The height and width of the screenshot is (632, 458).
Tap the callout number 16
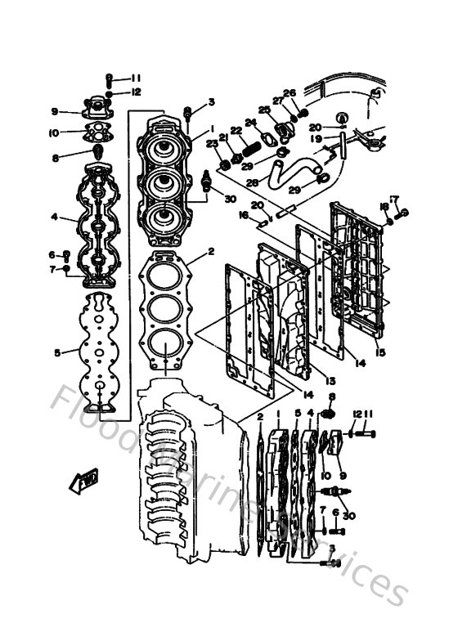[243, 215]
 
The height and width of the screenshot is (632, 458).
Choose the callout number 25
[263, 110]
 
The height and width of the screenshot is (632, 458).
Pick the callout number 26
[288, 93]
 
